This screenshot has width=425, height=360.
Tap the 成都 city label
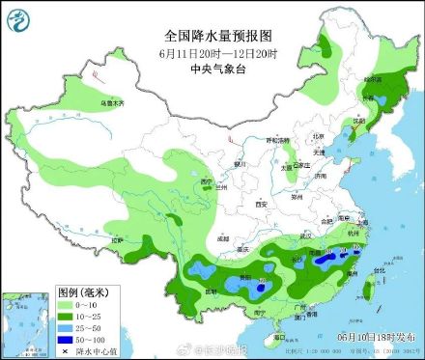click(x=224, y=237)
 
